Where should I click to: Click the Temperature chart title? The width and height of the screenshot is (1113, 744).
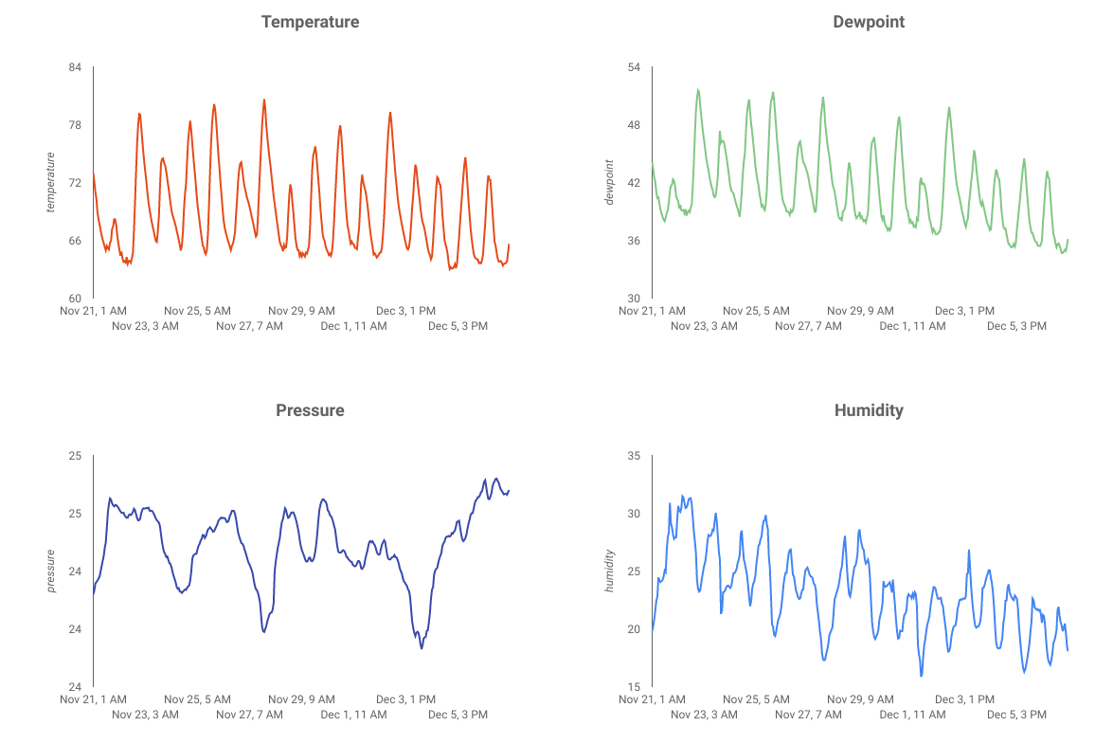(x=310, y=22)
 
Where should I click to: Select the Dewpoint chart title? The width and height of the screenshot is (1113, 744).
(x=869, y=22)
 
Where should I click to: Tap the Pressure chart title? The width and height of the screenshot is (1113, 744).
(x=310, y=410)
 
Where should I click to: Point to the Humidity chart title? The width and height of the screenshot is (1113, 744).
(x=869, y=410)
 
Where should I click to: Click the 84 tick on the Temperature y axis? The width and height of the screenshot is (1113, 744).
(x=75, y=67)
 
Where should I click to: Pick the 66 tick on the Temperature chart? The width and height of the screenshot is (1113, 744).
(x=75, y=241)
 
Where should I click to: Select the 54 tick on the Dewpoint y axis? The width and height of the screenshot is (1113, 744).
(x=634, y=67)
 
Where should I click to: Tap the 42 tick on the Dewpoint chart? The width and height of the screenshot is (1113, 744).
(x=634, y=183)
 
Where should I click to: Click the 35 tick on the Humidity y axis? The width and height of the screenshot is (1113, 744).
(x=634, y=456)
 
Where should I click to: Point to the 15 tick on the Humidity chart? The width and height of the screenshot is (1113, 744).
(x=634, y=687)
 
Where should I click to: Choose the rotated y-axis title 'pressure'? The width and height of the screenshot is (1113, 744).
(x=51, y=571)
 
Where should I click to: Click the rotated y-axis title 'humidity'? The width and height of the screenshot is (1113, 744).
(x=610, y=571)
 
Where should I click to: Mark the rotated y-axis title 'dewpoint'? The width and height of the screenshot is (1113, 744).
(x=610, y=182)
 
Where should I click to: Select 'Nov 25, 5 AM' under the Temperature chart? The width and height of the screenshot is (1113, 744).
(x=197, y=310)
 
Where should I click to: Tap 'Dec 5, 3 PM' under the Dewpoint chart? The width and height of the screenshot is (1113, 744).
(x=1016, y=326)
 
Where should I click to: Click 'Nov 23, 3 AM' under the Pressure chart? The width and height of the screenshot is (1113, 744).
(x=145, y=715)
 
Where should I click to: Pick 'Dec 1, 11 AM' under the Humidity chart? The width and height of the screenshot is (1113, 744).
(x=912, y=715)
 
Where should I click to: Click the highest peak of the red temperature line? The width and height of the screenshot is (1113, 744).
(x=264, y=100)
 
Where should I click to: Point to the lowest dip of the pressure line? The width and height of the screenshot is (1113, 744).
(x=422, y=648)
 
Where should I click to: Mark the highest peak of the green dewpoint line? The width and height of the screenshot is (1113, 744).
(x=698, y=90)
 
